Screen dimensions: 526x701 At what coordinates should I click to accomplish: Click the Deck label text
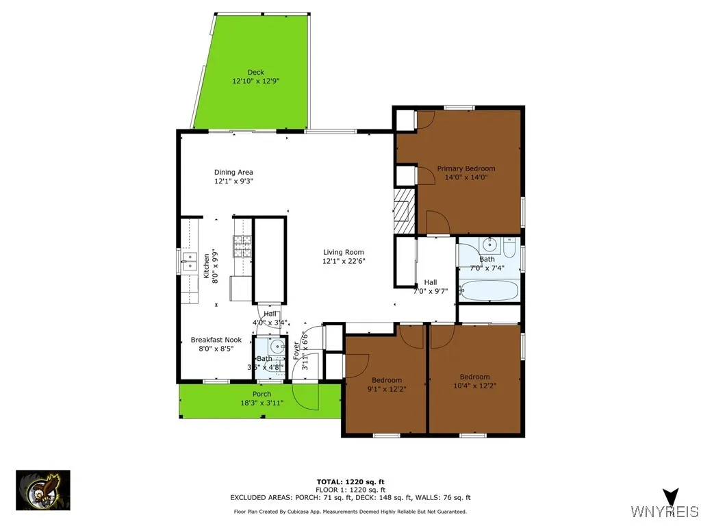click(255, 73)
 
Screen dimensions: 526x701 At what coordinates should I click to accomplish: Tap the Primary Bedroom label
click(466, 168)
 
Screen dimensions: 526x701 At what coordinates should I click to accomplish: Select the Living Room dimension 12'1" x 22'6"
click(344, 261)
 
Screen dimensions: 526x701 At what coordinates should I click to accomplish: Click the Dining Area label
click(234, 173)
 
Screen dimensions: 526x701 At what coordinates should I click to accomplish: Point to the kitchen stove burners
click(243, 246)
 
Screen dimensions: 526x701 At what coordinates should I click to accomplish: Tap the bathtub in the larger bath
click(489, 290)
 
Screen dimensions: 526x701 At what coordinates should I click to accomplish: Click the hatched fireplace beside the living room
click(403, 209)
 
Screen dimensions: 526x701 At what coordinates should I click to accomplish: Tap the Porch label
click(262, 394)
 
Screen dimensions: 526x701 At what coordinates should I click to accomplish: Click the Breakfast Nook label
click(216, 340)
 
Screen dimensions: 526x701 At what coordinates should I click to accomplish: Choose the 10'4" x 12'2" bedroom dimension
click(474, 386)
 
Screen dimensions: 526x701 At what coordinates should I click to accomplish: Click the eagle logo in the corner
click(42, 490)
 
